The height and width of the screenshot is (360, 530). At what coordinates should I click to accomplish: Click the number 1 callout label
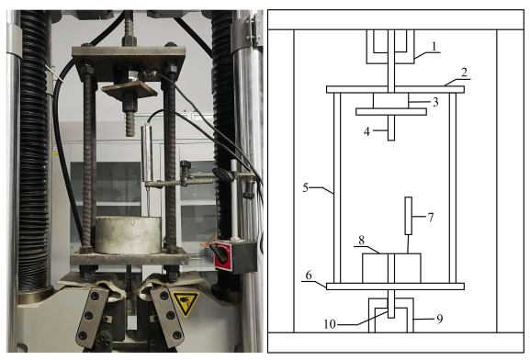[435, 46]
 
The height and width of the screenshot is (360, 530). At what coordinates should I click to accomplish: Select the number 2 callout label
[464, 73]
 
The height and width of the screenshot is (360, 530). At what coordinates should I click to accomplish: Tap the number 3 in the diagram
[435, 102]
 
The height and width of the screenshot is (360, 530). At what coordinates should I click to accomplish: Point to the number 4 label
[366, 131]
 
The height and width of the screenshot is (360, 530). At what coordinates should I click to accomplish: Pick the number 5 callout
[306, 187]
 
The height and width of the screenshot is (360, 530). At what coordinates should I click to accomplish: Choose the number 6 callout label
[309, 276]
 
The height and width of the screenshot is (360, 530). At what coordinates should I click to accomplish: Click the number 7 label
[431, 217]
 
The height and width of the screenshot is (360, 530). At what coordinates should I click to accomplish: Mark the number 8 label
[361, 241]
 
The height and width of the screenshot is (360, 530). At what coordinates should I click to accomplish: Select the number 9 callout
[440, 319]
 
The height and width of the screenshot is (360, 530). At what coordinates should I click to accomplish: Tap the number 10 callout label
[330, 324]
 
